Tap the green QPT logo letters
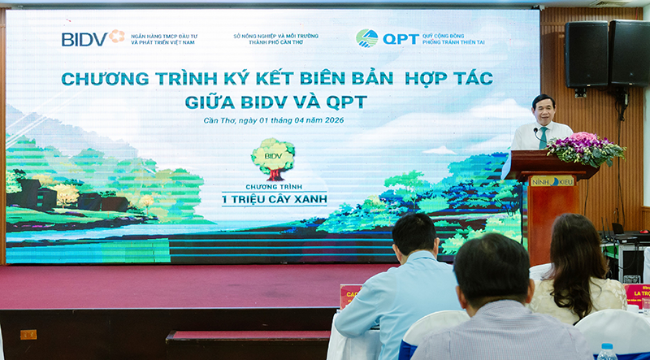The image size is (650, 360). coord(401,38)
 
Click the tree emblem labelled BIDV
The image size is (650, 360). coord(272,158)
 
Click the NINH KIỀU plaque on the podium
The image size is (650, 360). coord(552,181)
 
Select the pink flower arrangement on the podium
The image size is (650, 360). coord(585,149)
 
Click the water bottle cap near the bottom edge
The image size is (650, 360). coord(605,347)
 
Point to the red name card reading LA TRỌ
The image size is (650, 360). coord(637,294)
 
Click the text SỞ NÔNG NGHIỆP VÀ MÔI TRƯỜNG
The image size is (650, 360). coord(275,36)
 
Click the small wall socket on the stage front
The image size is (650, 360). coord(28,334)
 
